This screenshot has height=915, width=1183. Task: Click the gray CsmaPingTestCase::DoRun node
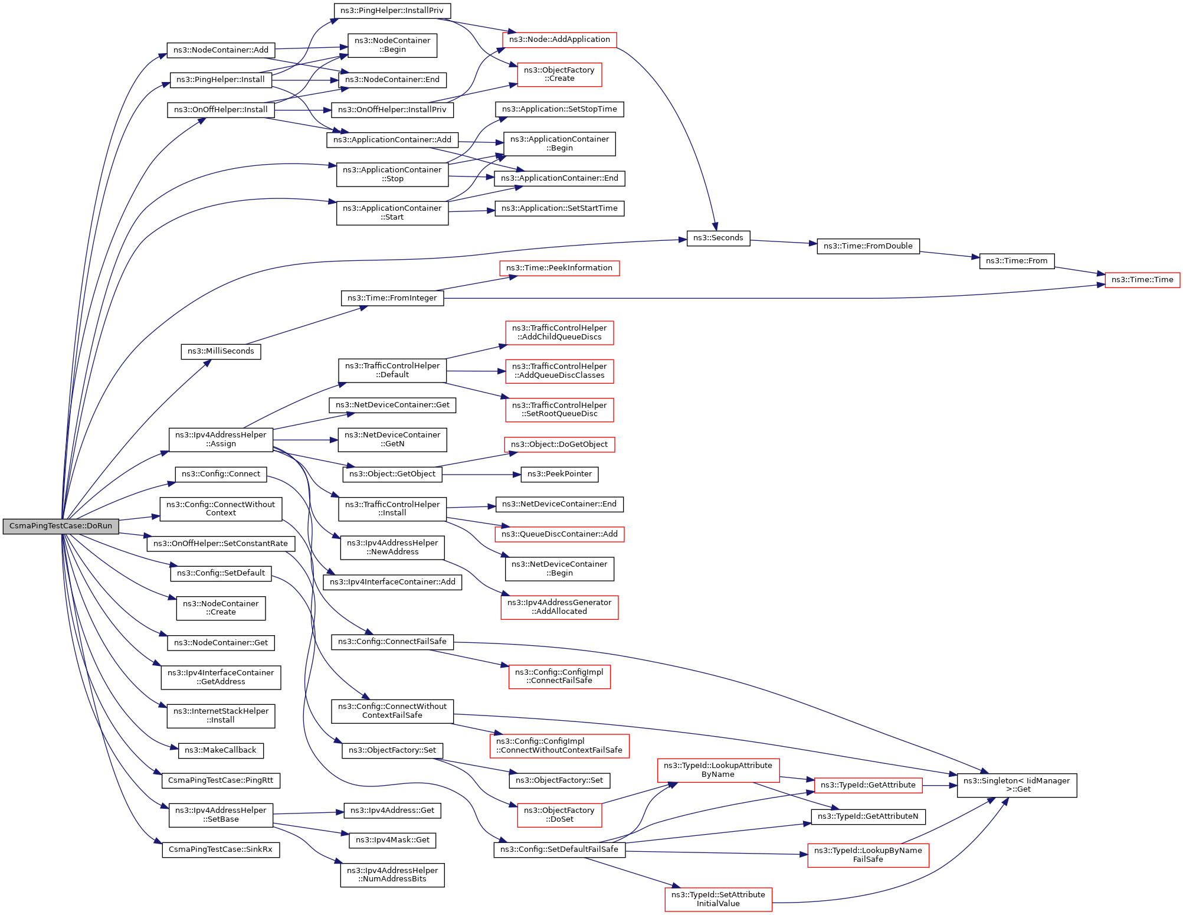61,526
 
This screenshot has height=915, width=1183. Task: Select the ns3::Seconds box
718,238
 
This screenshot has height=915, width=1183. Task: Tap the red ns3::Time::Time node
1142,280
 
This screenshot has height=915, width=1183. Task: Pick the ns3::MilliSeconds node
221,351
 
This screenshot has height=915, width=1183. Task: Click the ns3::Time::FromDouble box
867,246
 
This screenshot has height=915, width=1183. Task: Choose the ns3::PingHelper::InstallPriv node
392,11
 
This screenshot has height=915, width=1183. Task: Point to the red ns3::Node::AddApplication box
559,40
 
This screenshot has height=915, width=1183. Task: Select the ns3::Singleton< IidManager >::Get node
1016,785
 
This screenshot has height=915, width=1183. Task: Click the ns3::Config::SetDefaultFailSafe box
559,849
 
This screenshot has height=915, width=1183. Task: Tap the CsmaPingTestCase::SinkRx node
221,849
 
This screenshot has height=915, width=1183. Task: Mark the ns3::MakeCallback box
221,750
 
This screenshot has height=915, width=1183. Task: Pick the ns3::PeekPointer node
559,474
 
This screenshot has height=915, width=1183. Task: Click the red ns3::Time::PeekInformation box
559,268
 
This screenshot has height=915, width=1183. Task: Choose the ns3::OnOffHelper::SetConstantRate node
221,544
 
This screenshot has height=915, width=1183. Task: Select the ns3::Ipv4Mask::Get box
392,840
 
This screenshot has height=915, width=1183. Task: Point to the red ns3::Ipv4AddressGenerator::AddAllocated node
559,607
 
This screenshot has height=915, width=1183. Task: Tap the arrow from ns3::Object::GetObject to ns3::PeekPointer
481,474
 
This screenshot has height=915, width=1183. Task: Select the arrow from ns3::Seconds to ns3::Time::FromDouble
783,242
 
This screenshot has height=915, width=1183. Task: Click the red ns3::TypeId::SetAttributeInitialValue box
718,899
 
